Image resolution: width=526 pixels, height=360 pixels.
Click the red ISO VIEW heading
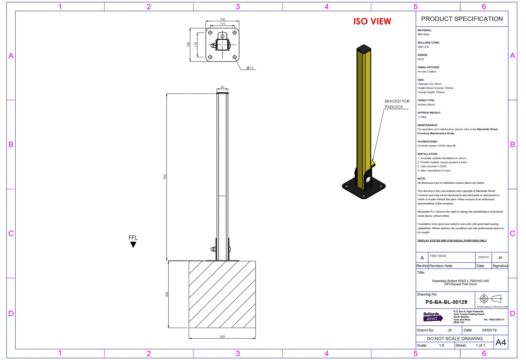(372, 21)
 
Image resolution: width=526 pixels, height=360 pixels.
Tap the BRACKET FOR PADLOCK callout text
(397, 104)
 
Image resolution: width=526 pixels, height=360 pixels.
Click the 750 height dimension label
(165, 177)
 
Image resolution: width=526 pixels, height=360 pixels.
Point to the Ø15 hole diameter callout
(250, 68)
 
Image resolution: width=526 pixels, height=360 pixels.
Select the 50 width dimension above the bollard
(222, 87)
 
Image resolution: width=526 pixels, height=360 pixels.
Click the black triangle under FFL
(133, 245)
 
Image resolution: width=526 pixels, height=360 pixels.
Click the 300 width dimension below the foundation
(222, 336)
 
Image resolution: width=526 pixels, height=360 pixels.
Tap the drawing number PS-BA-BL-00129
(446, 302)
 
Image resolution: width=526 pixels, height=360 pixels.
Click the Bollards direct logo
(433, 317)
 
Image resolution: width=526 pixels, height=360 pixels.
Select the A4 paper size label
(501, 342)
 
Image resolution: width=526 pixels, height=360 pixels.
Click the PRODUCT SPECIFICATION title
(462, 19)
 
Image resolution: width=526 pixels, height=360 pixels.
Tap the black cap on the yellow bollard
(364, 49)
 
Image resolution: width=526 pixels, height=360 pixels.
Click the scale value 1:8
(441, 345)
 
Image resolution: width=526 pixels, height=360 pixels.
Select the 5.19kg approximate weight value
(422, 117)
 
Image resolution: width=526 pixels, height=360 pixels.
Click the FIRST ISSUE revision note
(438, 256)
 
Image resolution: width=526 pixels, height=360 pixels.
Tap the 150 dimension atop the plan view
(222, 19)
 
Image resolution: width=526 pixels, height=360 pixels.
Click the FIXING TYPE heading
(426, 100)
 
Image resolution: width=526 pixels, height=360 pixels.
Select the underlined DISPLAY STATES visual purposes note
(452, 241)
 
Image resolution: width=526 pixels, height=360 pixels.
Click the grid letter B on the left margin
(11, 144)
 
